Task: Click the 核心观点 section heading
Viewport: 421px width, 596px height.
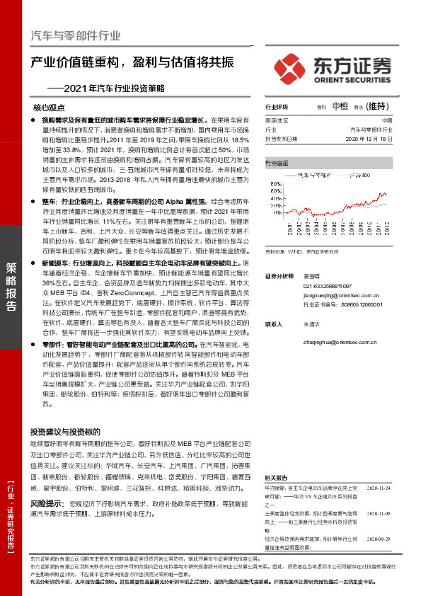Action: click(49, 108)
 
